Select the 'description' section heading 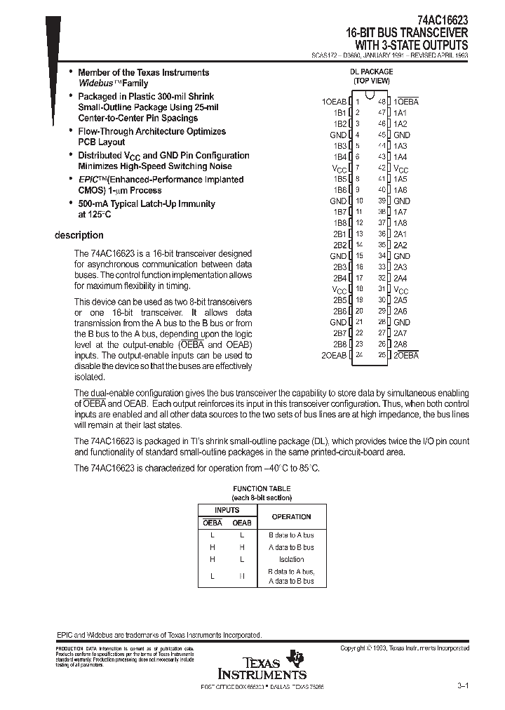79,236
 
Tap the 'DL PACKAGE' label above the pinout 371,72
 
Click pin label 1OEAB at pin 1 334,102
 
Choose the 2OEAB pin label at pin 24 334,356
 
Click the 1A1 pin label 400,113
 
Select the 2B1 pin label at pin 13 339,234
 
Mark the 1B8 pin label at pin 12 339,223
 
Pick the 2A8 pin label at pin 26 400,344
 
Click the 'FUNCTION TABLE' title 262,489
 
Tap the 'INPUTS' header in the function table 227,510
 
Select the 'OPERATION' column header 291,516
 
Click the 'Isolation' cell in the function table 291,559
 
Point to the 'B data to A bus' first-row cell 291,535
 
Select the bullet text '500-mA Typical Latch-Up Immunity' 147,204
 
